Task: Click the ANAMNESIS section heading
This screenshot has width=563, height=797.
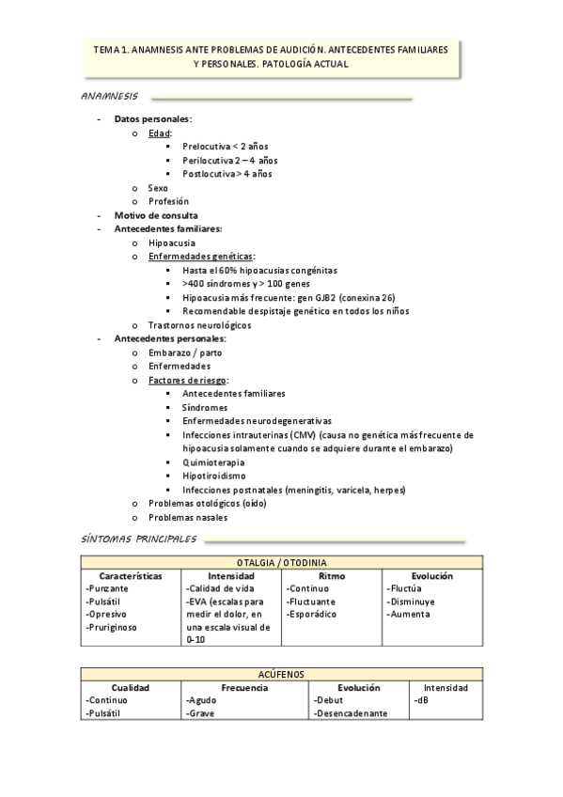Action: pos(110,97)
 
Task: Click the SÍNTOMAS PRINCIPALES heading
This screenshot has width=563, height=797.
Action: pos(138,539)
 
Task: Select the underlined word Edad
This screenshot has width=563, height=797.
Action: pos(159,133)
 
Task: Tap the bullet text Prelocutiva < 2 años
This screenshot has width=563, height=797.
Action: pos(227,147)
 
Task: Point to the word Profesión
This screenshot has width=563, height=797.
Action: pos(168,201)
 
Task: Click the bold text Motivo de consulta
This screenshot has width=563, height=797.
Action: pos(155,215)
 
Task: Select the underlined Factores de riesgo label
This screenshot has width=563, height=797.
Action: pos(188,380)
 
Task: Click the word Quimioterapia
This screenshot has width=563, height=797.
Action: pos(213,462)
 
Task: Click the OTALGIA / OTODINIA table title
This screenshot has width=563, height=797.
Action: pos(281,563)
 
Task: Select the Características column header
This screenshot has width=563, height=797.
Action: pos(131,575)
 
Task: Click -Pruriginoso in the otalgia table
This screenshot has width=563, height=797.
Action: pos(116,627)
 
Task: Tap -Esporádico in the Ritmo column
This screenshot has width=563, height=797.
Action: pos(315,614)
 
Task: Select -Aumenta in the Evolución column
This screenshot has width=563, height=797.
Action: pos(408,614)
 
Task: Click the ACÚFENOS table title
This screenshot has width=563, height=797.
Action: pos(281,674)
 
